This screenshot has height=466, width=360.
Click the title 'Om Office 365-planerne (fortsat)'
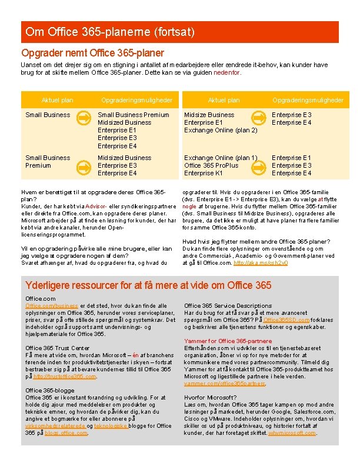(110, 31)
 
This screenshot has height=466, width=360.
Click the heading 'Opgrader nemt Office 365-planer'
(93, 53)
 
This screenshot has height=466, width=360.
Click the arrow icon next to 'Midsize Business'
(257, 118)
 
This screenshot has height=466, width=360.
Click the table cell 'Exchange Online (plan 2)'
(221, 130)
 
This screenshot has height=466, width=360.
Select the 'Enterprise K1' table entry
(204, 173)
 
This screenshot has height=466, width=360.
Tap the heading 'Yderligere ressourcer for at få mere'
(149, 285)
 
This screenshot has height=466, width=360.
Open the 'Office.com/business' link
(52, 306)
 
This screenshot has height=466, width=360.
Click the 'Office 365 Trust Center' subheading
(58, 348)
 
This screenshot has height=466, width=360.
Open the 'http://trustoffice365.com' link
(64, 377)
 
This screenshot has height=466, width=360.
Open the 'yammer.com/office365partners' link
(225, 384)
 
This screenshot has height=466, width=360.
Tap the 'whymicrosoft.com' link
(292, 433)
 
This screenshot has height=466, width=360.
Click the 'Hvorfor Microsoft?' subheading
(211, 398)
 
